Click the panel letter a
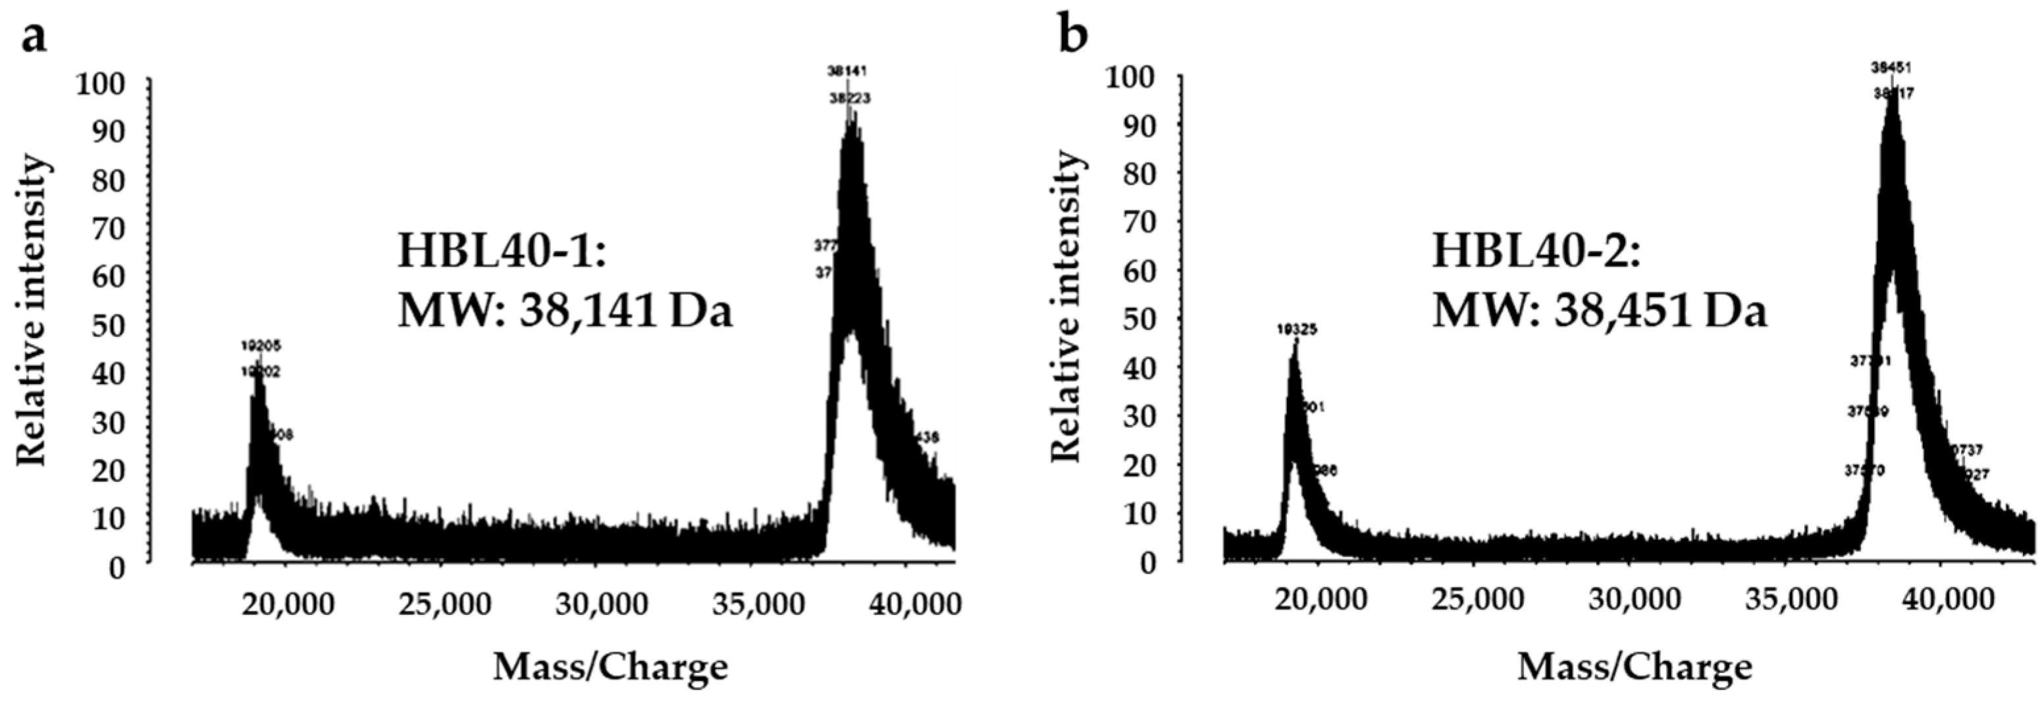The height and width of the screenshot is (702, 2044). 34,36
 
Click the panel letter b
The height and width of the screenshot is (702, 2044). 1074,36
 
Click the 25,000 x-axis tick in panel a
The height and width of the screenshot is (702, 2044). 444,605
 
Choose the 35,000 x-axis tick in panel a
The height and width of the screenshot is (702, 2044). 758,605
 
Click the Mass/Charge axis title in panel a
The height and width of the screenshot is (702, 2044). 610,667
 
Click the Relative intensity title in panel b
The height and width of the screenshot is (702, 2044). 1066,307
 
